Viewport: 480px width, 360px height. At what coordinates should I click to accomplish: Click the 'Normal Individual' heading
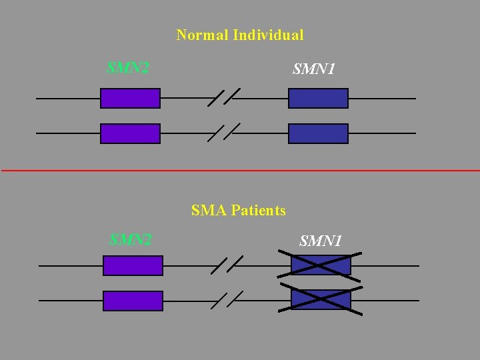[239, 35]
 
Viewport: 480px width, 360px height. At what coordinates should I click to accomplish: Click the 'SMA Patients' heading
[238, 211]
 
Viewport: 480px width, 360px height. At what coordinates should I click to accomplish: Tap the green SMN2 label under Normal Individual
[128, 68]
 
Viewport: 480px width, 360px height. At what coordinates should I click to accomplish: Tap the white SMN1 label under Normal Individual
[314, 69]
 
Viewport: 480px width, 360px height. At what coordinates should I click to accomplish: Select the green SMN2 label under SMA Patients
[131, 239]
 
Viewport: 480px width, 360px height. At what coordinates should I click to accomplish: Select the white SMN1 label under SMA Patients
[321, 241]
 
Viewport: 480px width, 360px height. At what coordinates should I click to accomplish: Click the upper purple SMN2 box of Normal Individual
[130, 99]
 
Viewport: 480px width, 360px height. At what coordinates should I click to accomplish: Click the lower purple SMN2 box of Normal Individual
[130, 133]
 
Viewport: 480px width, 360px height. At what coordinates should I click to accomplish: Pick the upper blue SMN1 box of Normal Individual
[318, 99]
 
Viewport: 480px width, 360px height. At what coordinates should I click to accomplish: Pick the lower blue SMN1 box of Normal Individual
[318, 133]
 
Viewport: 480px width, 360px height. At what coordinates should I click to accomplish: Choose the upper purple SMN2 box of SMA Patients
[133, 266]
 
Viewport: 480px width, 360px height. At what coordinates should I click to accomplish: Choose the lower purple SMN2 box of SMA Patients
[133, 301]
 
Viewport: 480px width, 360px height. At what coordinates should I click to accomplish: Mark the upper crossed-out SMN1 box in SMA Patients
[321, 265]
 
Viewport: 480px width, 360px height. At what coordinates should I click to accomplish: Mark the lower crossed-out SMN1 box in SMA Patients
[321, 300]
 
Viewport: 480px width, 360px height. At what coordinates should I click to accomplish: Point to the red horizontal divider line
[240, 171]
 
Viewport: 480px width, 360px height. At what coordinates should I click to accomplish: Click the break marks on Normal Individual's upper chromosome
[224, 97]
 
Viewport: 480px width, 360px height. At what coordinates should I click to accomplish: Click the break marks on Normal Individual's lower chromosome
[224, 133]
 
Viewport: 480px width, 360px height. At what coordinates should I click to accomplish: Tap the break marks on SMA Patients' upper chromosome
[227, 265]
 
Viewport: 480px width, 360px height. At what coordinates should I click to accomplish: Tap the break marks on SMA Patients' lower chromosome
[227, 300]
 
